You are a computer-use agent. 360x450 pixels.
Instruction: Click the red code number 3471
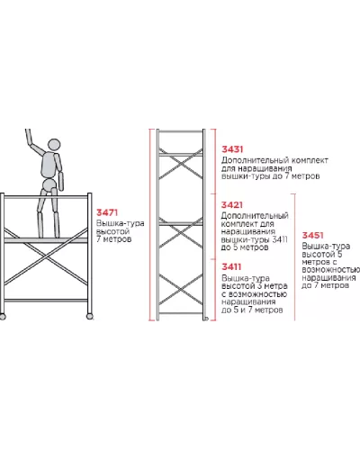click(x=107, y=212)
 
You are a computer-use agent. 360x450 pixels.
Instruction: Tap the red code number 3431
click(x=232, y=149)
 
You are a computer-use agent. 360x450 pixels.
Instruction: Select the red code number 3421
click(x=232, y=205)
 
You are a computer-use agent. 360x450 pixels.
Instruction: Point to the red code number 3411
click(x=231, y=266)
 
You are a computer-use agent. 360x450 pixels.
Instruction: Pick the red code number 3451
click(x=312, y=236)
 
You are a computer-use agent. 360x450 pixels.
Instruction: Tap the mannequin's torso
click(x=49, y=165)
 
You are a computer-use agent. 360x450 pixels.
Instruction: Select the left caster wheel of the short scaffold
click(x=3, y=317)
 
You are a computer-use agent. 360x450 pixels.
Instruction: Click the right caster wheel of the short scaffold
click(x=89, y=316)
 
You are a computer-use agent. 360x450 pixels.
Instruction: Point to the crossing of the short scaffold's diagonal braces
click(x=47, y=257)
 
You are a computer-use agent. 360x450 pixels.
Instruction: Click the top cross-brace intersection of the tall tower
click(x=181, y=164)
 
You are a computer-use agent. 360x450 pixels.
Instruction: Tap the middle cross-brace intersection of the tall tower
click(x=181, y=235)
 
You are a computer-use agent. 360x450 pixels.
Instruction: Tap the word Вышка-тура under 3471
click(x=120, y=224)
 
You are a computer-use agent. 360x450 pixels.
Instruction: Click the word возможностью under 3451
click(x=331, y=270)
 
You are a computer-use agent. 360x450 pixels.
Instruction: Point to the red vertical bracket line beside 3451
click(x=294, y=257)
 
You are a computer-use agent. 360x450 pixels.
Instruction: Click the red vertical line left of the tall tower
click(x=149, y=225)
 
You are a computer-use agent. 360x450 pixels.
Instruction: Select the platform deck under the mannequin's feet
click(x=46, y=240)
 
